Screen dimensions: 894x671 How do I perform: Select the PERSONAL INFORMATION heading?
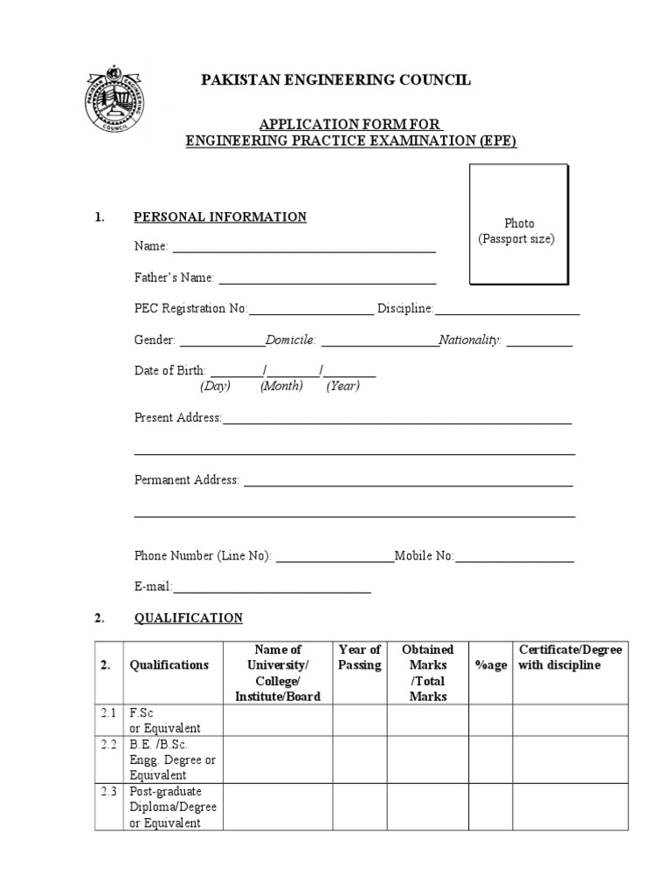[219, 217]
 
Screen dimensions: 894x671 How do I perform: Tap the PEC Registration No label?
[190, 309]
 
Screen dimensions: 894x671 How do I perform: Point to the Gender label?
[155, 340]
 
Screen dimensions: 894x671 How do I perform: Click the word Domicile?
[291, 340]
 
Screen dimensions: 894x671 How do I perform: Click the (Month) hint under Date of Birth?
[281, 386]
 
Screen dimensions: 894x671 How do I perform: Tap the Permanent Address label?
[186, 480]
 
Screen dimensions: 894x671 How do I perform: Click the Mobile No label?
[424, 555]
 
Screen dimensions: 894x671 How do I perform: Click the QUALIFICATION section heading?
[188, 618]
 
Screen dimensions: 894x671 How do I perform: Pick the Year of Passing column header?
[359, 657]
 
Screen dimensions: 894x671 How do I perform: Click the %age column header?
[490, 665]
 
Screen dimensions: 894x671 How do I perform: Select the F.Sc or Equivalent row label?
[165, 720]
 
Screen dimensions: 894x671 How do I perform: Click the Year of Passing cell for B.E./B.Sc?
[359, 760]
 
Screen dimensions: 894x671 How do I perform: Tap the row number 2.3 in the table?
[108, 792]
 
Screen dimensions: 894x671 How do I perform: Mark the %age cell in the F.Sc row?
[490, 720]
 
